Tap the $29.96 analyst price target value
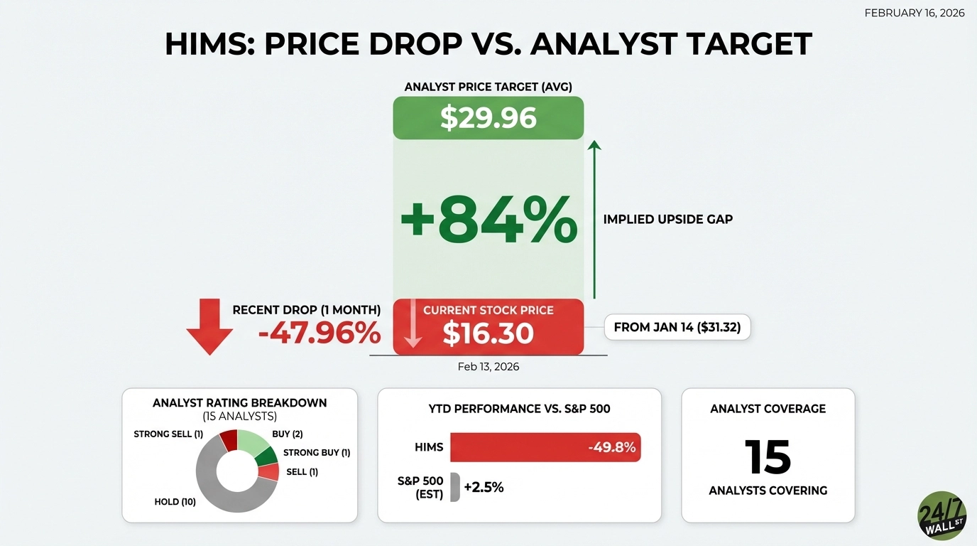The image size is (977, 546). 488,117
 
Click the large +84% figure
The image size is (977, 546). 488,220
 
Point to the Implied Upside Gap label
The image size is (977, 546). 667,220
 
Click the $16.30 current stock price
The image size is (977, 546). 488,333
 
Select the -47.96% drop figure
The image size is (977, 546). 320,333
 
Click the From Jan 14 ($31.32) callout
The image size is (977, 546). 677,328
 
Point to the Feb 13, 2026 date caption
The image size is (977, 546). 488,367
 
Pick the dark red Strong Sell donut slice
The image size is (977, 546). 229,440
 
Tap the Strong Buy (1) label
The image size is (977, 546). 317,453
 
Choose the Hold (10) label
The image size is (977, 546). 175,502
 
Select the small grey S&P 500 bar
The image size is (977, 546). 454,488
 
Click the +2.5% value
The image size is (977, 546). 484,488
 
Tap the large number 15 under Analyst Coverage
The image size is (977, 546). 768,457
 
